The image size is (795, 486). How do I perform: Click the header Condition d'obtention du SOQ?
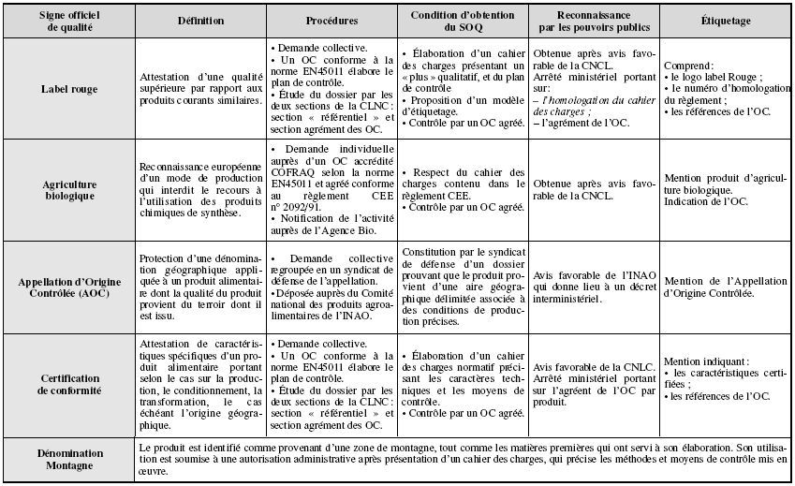[464, 21]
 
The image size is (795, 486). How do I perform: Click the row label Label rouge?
[68, 89]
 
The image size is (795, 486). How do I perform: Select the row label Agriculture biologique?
[68, 191]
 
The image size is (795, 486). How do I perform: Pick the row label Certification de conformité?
[68, 384]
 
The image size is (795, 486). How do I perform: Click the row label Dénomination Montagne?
[68, 459]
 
